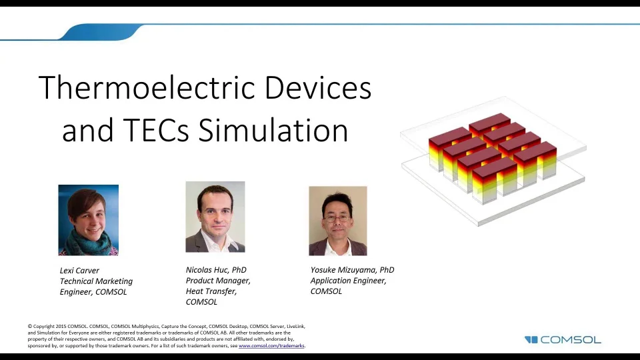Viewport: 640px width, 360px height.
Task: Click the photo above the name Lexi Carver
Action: click(89, 220)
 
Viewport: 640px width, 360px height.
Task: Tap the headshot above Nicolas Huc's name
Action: click(215, 217)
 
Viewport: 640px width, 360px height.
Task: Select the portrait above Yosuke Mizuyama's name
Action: click(337, 221)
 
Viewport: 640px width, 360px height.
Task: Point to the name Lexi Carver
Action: click(79, 271)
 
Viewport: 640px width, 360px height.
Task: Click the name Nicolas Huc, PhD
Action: click(216, 270)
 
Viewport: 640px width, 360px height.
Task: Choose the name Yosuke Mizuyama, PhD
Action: click(352, 270)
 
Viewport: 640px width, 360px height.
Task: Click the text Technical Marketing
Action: click(96, 281)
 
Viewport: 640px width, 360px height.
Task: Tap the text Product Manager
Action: click(218, 281)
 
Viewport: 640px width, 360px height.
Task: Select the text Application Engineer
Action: click(348, 281)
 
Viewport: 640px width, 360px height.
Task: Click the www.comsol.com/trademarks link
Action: click(271, 346)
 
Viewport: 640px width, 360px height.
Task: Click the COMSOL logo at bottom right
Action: click(563, 339)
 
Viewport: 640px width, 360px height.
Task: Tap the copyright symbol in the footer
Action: click(30, 326)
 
